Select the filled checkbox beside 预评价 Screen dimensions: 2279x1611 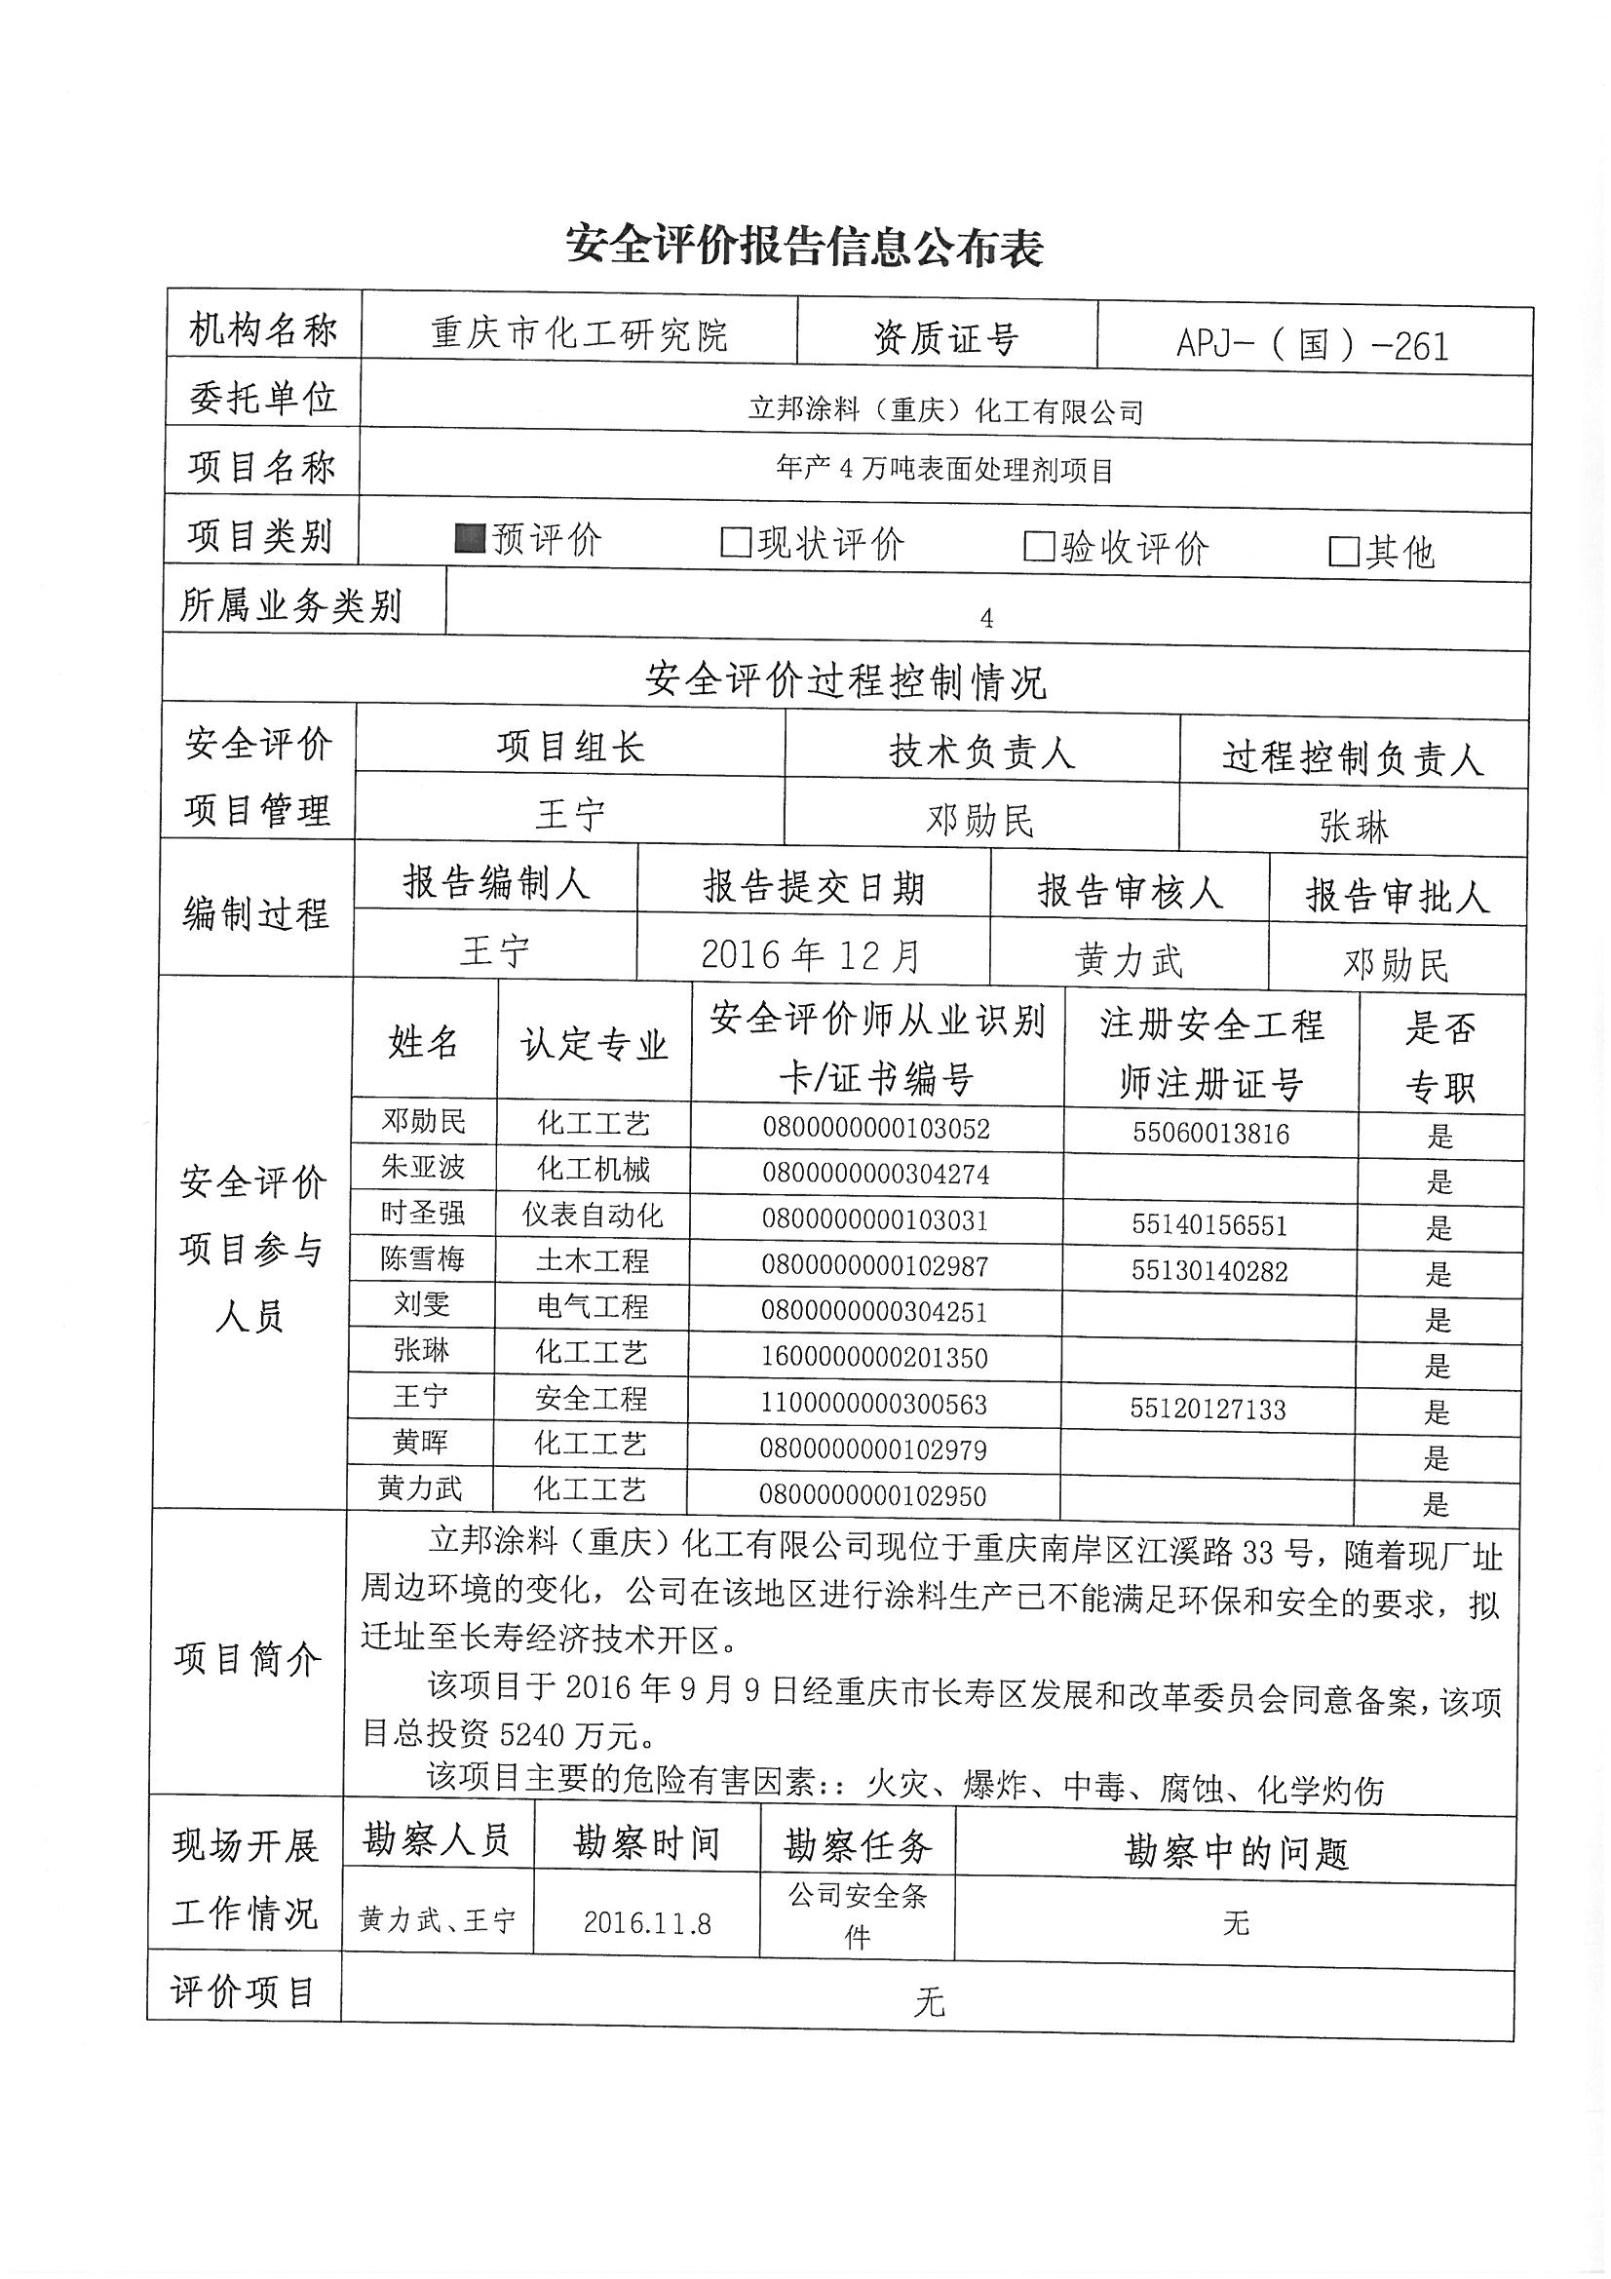[469, 539]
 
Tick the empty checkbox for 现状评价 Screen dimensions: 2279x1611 [736, 543]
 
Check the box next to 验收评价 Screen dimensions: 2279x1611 [1038, 547]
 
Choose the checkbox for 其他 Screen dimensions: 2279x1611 [1343, 552]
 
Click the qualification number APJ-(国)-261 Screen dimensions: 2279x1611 [1312, 344]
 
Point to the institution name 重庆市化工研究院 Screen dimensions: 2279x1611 [579, 334]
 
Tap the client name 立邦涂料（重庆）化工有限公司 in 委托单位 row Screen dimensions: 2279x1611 [945, 410]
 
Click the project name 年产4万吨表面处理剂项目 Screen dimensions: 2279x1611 [945, 470]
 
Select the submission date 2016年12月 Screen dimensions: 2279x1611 [811, 955]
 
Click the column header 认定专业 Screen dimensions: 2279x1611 [594, 1044]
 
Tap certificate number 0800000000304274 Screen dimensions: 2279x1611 [875, 1175]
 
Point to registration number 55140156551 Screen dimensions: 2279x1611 [1209, 1225]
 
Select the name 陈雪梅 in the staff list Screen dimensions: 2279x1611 [423, 1258]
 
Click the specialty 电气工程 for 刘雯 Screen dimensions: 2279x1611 [593, 1306]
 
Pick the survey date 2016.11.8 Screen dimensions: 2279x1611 [647, 1922]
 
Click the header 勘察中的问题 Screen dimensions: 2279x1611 [1236, 1852]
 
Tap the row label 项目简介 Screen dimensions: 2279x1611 [249, 1659]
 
